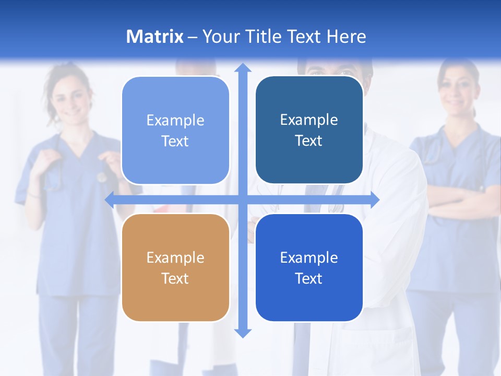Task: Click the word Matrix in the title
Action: pyautogui.click(x=154, y=37)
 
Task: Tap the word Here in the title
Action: pyautogui.click(x=346, y=37)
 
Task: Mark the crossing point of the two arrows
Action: pyautogui.click(x=243, y=199)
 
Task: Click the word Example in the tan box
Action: pyautogui.click(x=175, y=257)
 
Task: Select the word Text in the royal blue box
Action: pyautogui.click(x=309, y=278)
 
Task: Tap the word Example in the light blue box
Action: pyautogui.click(x=175, y=120)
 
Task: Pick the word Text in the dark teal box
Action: pyautogui.click(x=309, y=140)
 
